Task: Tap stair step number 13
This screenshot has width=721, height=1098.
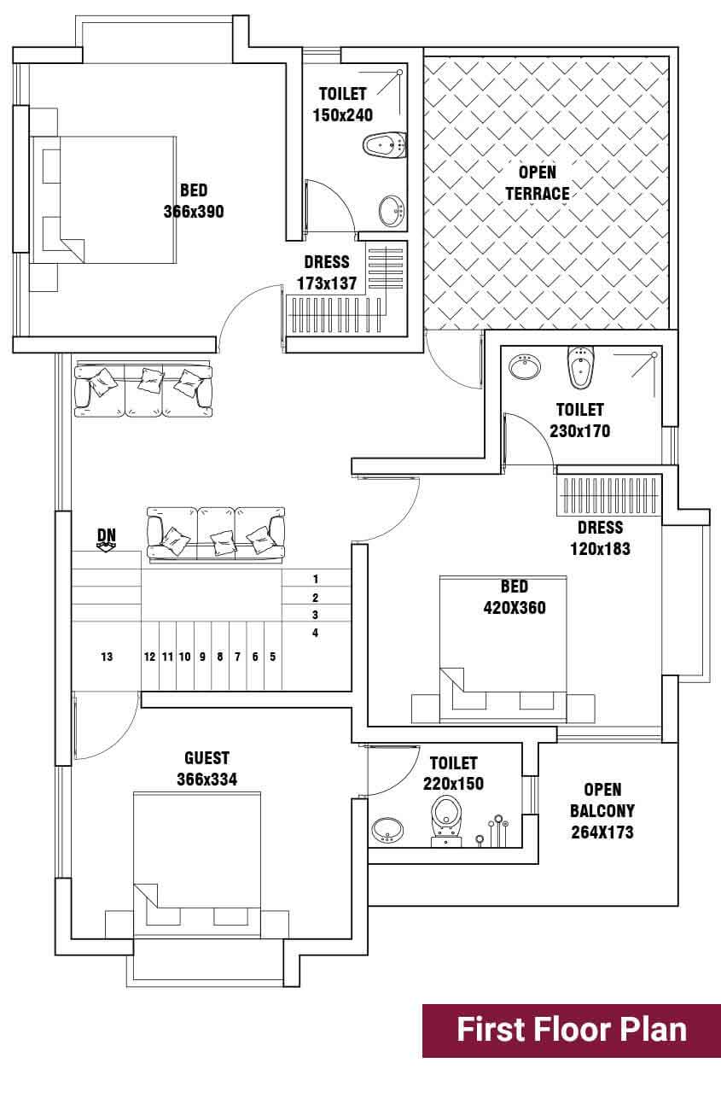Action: pos(107,657)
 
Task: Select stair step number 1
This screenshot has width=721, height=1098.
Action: pos(316,579)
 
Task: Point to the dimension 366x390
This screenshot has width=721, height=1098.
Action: pos(194,211)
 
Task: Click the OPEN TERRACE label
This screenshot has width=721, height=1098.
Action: pos(538,183)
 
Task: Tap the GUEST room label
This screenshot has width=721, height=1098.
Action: pos(206,758)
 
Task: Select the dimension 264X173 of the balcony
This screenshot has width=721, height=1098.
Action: pos(602,832)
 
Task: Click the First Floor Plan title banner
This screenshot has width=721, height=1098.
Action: pos(572,1031)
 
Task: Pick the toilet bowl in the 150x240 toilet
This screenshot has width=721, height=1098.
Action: pos(385,145)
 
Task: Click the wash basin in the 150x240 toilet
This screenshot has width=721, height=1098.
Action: pos(392,211)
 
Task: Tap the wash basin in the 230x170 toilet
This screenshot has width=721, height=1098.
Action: pos(525,366)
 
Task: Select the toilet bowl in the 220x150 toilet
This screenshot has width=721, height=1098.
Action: pos(445,820)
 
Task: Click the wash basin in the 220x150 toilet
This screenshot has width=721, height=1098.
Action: pos(388,830)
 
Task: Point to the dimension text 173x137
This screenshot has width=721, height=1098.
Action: pos(327,283)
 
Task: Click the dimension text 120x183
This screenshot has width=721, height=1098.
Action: pos(600,548)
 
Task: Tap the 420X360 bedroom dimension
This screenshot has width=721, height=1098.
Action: pos(515,608)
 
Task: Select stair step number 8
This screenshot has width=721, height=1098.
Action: pos(220,657)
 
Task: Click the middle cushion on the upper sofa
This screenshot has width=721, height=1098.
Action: pos(150,380)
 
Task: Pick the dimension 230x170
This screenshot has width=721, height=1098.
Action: pos(580,431)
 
